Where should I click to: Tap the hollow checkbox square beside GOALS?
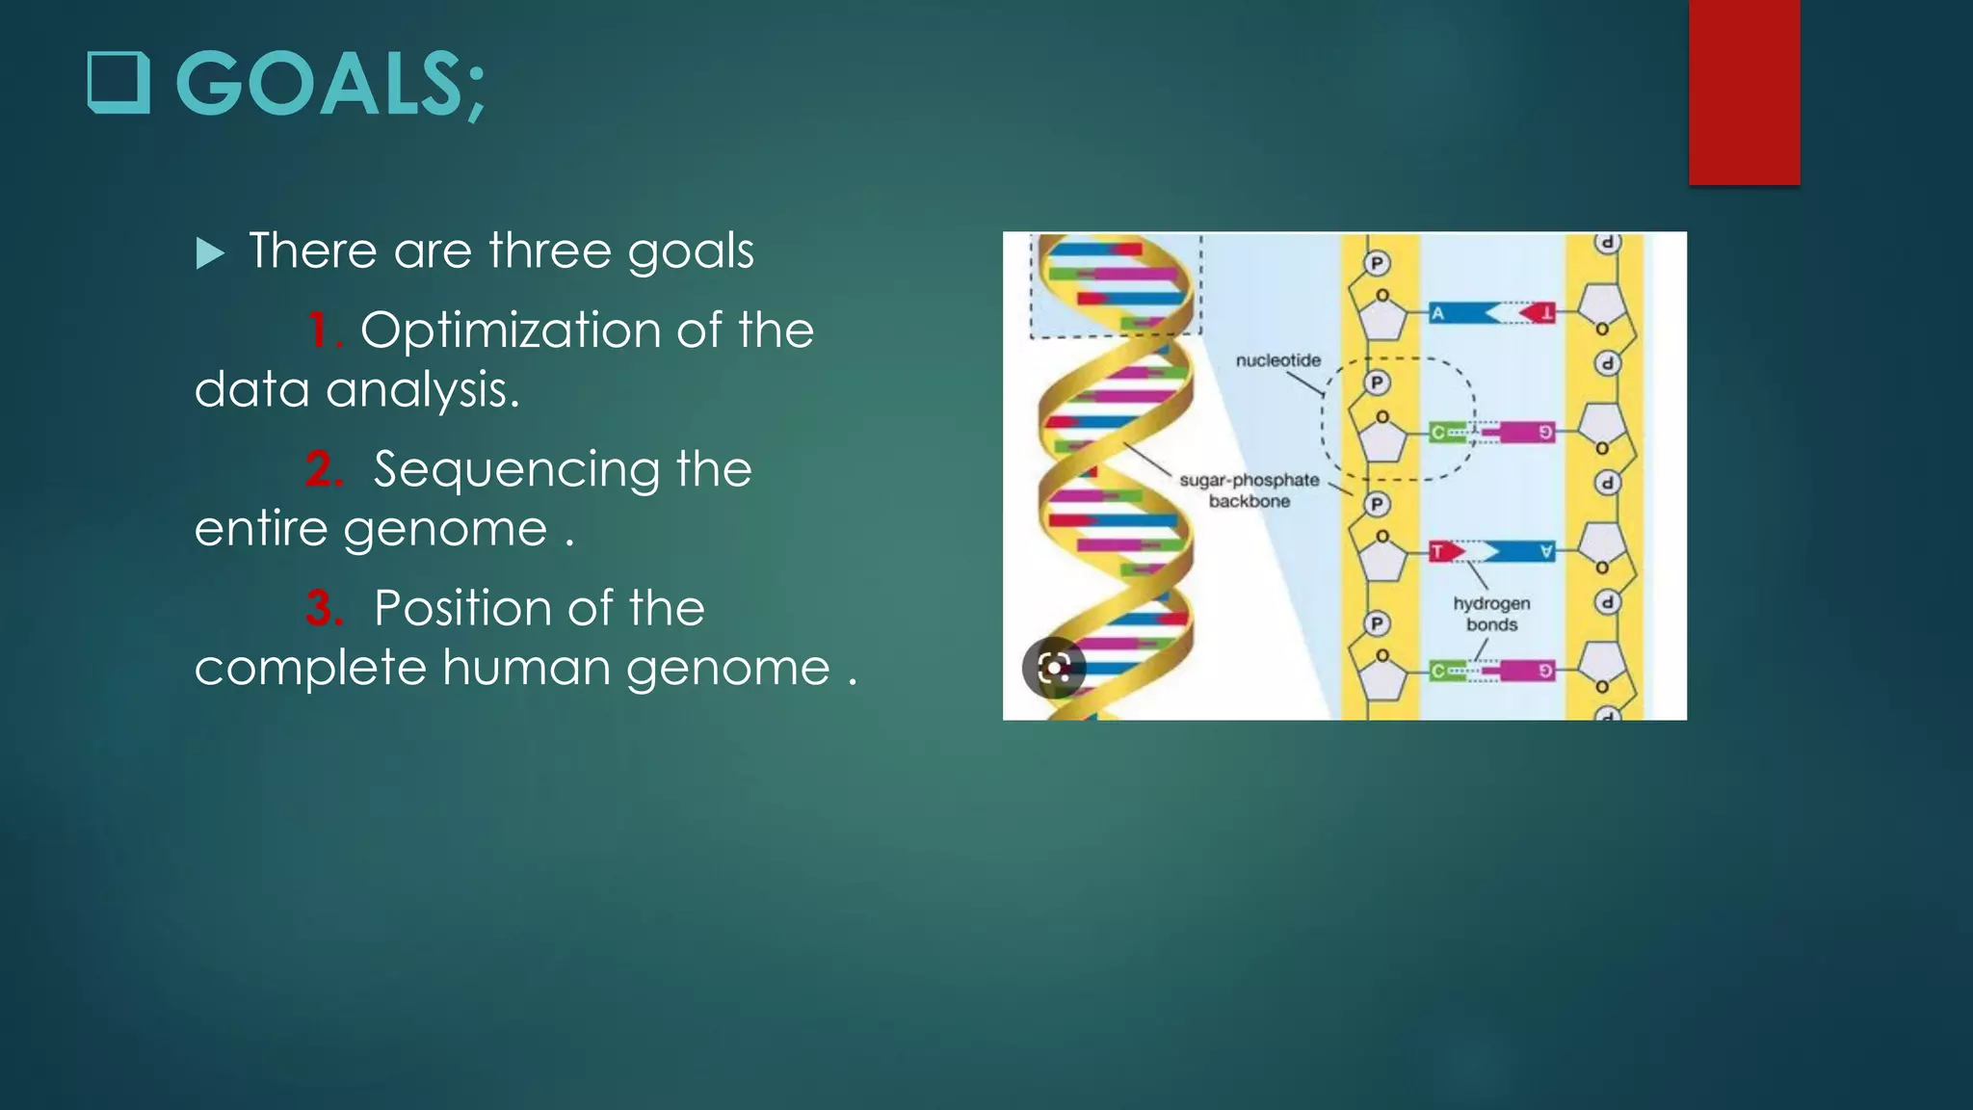tap(118, 83)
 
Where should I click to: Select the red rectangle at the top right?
tap(1744, 92)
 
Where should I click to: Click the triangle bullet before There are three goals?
tap(209, 253)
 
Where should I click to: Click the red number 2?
tap(323, 470)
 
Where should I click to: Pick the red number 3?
tap(323, 609)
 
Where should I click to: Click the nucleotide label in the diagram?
tap(1277, 360)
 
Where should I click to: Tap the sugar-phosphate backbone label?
tap(1249, 490)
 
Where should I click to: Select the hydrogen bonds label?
tap(1491, 614)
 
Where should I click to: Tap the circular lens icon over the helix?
tap(1054, 667)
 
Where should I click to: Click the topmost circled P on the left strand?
tap(1377, 263)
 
